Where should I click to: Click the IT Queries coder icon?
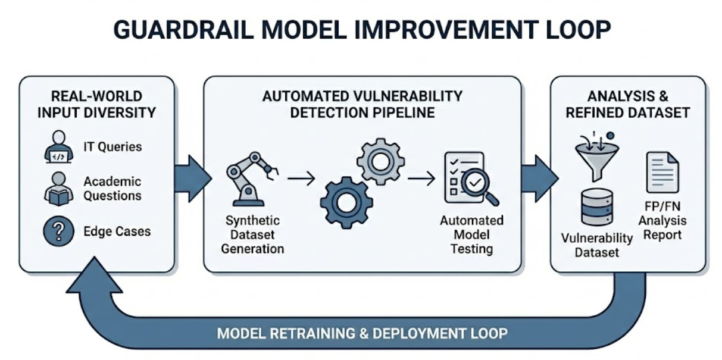pos(58,147)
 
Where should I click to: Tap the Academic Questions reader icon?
pos(58,189)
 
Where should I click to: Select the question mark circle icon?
pos(58,231)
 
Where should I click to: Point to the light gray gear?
pos(380,161)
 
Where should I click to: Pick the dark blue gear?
pos(346,202)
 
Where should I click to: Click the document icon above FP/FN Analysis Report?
pos(662,172)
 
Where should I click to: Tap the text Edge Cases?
pos(117,231)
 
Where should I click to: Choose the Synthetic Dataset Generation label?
pos(252,234)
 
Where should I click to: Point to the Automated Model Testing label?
pos(471,234)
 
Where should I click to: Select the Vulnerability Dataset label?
pos(596,245)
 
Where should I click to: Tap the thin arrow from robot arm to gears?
pos(301,178)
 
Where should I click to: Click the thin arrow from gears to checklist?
pos(421,178)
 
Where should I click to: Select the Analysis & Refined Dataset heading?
pos(627,105)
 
